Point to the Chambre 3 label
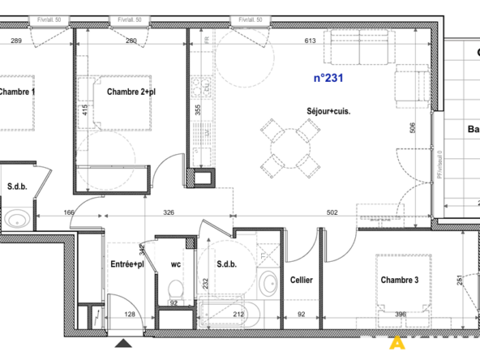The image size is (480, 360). click(400, 281)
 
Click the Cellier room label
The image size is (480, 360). click(302, 281)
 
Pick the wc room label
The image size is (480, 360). click(175, 264)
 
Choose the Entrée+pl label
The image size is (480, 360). click(127, 264)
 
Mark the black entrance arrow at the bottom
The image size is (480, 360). click(122, 345)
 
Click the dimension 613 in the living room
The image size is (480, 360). click(310, 41)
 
